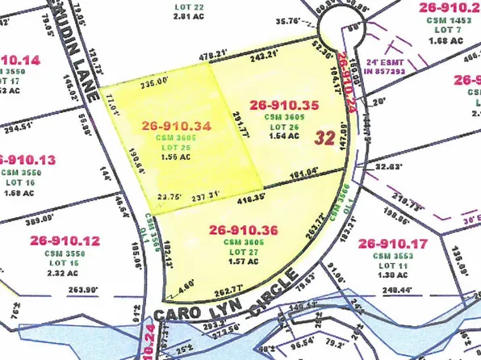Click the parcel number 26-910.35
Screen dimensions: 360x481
pos(285,104)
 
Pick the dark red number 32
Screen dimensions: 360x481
pos(325,137)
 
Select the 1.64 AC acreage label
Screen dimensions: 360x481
pos(286,136)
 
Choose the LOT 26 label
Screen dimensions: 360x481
pos(286,126)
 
